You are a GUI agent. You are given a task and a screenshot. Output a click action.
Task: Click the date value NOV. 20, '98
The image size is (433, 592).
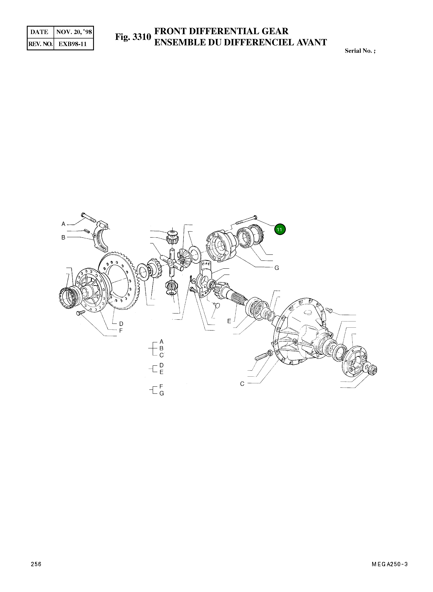[x=74, y=32]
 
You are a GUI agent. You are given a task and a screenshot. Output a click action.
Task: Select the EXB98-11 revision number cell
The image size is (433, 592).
[x=73, y=44]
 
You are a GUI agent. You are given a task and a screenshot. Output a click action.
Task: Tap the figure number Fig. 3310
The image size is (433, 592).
[x=133, y=37]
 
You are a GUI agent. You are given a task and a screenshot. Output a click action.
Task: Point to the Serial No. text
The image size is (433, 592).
[x=360, y=51]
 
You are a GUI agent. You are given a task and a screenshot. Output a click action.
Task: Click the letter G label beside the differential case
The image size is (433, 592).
[x=277, y=268]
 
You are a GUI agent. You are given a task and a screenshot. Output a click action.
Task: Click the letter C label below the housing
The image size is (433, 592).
[x=242, y=384]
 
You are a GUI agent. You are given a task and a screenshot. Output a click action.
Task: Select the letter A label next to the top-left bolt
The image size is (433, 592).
[x=63, y=224]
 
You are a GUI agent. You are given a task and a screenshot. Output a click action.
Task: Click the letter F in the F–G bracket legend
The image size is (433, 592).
[x=161, y=387]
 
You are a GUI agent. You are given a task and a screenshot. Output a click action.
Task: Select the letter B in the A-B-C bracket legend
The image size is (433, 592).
[x=161, y=348]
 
